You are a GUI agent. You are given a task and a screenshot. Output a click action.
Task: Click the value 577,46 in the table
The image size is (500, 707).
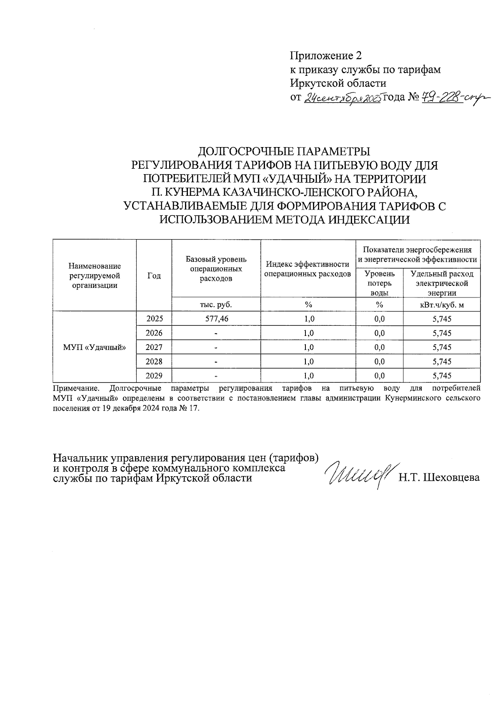pos(216,319)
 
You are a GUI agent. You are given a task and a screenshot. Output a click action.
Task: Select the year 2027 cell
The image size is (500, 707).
pos(154,347)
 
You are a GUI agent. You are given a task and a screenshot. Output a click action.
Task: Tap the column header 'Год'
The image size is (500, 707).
pos(154,276)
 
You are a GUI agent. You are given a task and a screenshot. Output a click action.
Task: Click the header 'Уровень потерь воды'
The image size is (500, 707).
pos(379,283)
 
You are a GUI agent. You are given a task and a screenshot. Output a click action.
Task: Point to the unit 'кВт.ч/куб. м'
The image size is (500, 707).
pos(442,305)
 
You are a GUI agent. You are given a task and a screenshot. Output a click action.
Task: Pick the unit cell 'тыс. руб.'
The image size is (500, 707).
pos(216,305)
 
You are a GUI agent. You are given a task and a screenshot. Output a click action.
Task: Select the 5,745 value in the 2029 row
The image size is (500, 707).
pos(442,376)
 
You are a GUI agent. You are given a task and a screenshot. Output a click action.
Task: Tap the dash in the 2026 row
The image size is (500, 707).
pos(216,333)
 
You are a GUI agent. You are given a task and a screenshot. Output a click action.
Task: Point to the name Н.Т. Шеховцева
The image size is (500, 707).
pos(439,477)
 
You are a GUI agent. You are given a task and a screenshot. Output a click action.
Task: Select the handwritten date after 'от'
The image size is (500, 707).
pos(342,99)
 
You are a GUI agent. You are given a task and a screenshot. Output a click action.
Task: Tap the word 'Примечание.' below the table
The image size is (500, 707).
pos(76,389)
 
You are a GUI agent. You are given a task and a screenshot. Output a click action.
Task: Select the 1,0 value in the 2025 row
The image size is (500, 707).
pos(308,319)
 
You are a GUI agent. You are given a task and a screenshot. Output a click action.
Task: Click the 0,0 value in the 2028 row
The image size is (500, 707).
pos(379,362)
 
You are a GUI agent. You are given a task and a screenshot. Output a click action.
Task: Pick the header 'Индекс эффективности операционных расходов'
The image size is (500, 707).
pos(308,269)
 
